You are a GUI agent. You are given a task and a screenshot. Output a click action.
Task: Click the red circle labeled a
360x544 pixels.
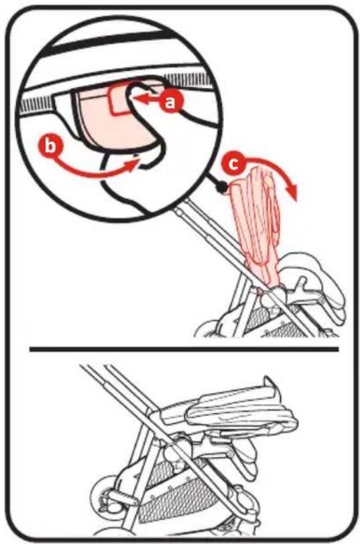169,102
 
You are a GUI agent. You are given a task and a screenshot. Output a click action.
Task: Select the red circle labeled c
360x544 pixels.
235,163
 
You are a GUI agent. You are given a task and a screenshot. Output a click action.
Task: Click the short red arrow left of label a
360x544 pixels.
148,100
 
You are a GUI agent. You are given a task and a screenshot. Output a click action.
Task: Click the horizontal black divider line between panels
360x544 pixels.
184,349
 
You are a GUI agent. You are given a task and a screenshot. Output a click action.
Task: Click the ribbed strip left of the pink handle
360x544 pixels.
36,104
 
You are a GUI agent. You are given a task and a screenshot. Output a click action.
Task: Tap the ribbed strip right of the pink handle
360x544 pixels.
189,80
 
